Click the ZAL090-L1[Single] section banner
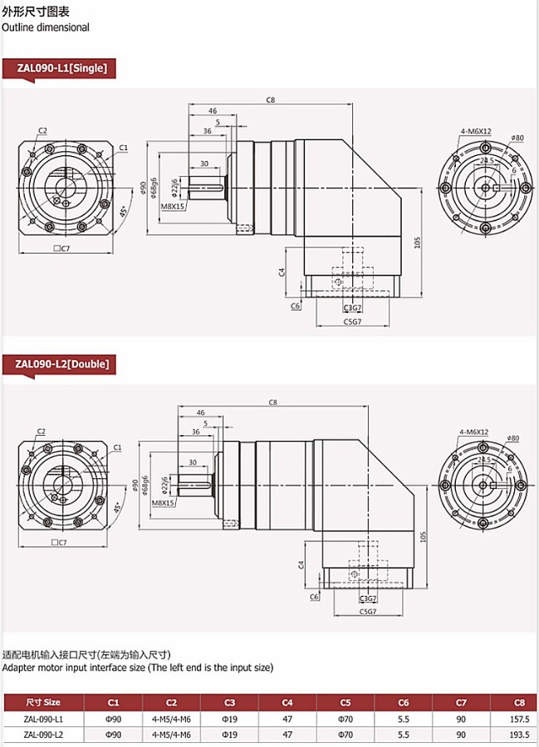61,68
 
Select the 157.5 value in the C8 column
517,719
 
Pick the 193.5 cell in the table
517,735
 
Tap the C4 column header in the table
287,701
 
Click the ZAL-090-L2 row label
43,735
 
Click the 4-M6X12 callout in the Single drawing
476,131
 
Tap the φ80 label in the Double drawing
513,437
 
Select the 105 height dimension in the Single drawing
418,242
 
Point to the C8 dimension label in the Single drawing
271,100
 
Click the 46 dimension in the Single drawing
212,110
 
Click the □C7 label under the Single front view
61,248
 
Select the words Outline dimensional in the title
45,27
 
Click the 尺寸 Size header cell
43,701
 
